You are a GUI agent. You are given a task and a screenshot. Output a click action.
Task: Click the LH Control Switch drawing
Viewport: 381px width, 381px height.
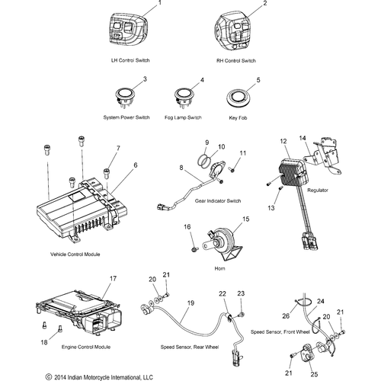(128, 30)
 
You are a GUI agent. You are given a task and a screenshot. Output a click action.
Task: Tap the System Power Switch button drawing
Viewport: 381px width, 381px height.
(124, 96)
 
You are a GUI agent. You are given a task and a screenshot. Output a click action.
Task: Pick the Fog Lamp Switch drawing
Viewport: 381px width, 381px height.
(183, 96)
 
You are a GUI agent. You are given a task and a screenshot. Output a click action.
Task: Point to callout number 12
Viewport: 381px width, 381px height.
(283, 141)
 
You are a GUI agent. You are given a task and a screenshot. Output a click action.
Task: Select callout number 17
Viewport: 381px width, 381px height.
(113, 279)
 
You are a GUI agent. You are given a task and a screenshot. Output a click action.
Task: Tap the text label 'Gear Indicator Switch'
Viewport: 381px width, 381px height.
(218, 201)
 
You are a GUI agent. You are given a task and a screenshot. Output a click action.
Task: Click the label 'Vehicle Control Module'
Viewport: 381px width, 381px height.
(75, 255)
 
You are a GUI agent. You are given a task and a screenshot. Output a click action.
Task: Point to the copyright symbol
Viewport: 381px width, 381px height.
(49, 376)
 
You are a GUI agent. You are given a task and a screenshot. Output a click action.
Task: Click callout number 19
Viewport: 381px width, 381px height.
(190, 303)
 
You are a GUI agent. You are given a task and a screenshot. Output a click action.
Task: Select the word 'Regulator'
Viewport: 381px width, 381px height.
(318, 190)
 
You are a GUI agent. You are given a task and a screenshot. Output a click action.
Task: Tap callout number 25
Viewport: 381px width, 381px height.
(314, 374)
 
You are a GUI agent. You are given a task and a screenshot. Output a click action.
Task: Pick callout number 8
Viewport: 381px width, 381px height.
(181, 168)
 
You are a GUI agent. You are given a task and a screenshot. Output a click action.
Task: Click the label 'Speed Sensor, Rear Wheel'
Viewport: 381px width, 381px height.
(190, 347)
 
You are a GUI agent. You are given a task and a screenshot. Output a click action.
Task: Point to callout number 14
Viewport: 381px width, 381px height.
(303, 138)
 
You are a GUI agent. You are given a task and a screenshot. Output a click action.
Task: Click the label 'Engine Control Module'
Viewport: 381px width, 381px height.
(86, 347)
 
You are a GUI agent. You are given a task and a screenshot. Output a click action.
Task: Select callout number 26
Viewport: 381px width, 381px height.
(286, 315)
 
